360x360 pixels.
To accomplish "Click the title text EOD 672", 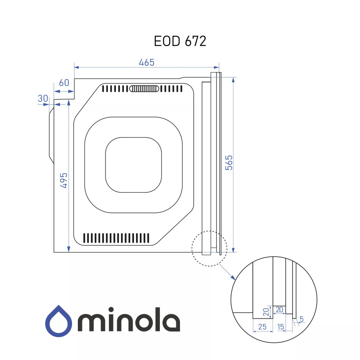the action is (180, 41).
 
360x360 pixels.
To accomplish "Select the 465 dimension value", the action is (147, 62).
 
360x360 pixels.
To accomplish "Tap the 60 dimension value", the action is (64, 82).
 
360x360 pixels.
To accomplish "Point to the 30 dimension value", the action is (43, 98).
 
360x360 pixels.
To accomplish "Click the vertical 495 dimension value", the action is (64, 180).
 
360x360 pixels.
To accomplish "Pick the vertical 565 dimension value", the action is (229, 163).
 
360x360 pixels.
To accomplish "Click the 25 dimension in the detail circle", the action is (262, 327).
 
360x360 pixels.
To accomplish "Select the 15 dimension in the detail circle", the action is (280, 327).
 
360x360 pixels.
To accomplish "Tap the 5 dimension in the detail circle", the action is (301, 319).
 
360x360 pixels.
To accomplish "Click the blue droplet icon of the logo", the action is (59, 321).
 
